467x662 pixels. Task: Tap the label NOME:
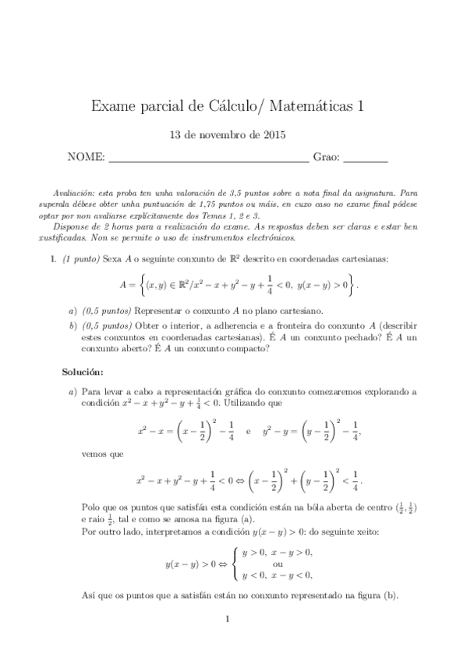click(x=87, y=158)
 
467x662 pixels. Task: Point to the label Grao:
click(x=326, y=158)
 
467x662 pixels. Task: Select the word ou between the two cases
click(x=278, y=564)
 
